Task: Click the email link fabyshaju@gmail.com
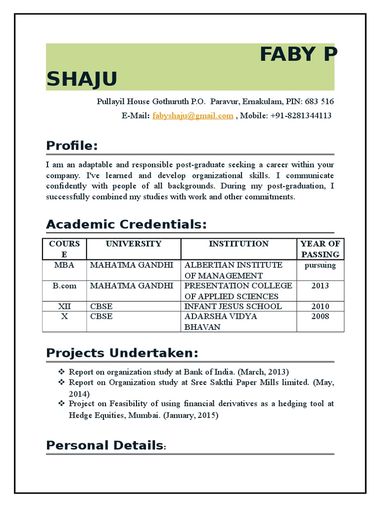[x=193, y=115]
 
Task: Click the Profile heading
[x=72, y=146]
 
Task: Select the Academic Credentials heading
[x=126, y=224]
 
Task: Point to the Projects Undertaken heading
[x=122, y=353]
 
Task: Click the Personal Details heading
[x=104, y=445]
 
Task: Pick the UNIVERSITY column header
[x=133, y=244]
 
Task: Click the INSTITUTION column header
[x=238, y=244]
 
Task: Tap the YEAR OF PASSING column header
[x=320, y=249]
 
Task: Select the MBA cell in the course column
[x=64, y=265]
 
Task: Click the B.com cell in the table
[x=64, y=286]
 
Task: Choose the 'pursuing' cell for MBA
[x=320, y=265]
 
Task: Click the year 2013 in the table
[x=320, y=286]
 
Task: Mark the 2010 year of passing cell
[x=320, y=306]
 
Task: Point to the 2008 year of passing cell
[x=320, y=316]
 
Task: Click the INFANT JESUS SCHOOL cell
[x=233, y=306]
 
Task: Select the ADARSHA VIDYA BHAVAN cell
[x=221, y=321]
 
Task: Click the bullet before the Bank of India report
[x=61, y=371]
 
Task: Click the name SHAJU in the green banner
[x=82, y=79]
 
